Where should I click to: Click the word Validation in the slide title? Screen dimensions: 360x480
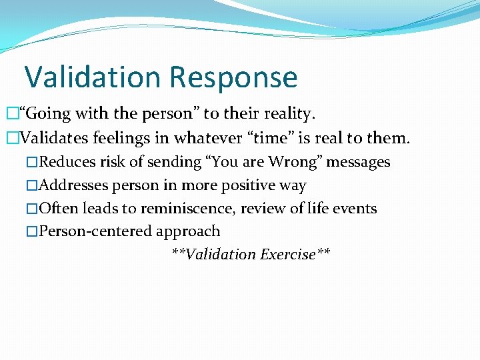[93, 77]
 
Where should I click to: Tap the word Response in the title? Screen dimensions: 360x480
[233, 77]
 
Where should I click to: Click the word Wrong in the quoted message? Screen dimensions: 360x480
[273, 162]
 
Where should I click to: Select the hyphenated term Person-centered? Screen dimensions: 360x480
[96, 232]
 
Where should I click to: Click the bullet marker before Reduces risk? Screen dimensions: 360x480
[33, 163]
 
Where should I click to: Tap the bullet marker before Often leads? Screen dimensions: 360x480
[33, 209]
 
